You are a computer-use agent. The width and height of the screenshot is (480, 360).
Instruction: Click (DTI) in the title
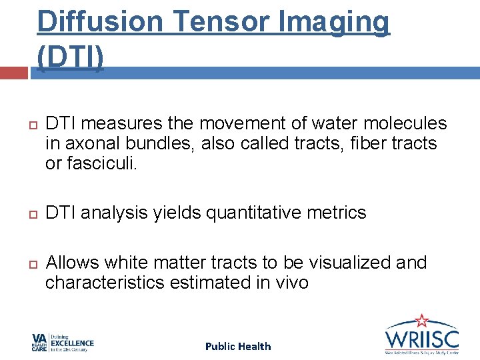tap(71, 58)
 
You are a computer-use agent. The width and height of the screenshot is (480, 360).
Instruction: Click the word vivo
tap(292, 283)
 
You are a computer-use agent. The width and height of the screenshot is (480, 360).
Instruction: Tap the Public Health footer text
tap(238, 346)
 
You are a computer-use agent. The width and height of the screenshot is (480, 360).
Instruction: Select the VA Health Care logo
tap(63, 343)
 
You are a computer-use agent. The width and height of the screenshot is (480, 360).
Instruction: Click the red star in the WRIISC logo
tap(421, 321)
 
